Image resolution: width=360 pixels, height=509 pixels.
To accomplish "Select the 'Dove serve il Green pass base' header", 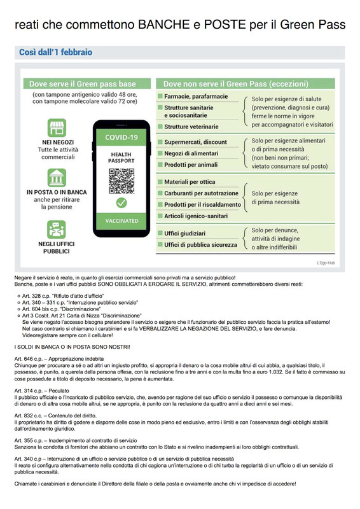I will pyautogui.click(x=88, y=84).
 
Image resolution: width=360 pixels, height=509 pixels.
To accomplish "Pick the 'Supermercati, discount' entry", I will pyautogui.click(x=195, y=142).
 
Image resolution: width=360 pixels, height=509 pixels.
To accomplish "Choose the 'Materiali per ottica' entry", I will pyautogui.click(x=190, y=182).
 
